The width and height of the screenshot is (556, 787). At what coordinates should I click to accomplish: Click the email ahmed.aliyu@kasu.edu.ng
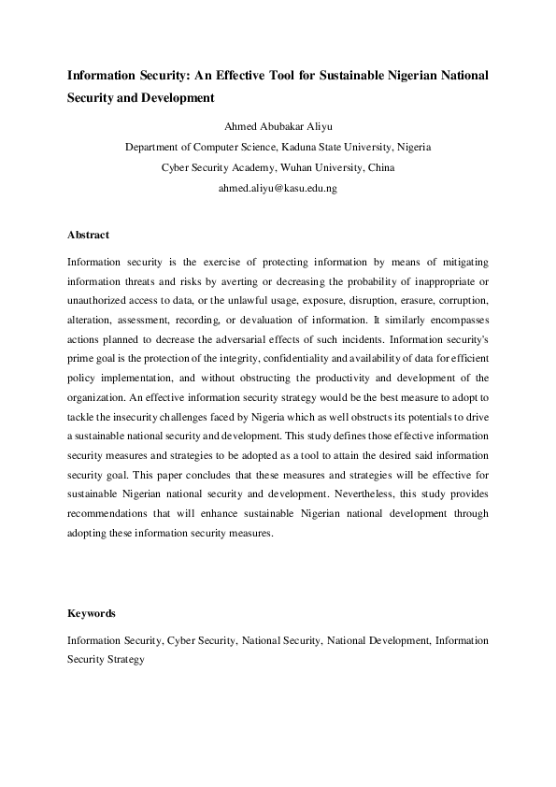(277, 188)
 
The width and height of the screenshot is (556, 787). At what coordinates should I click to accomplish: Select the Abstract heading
(88, 235)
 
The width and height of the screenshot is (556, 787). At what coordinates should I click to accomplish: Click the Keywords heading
(92, 613)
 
